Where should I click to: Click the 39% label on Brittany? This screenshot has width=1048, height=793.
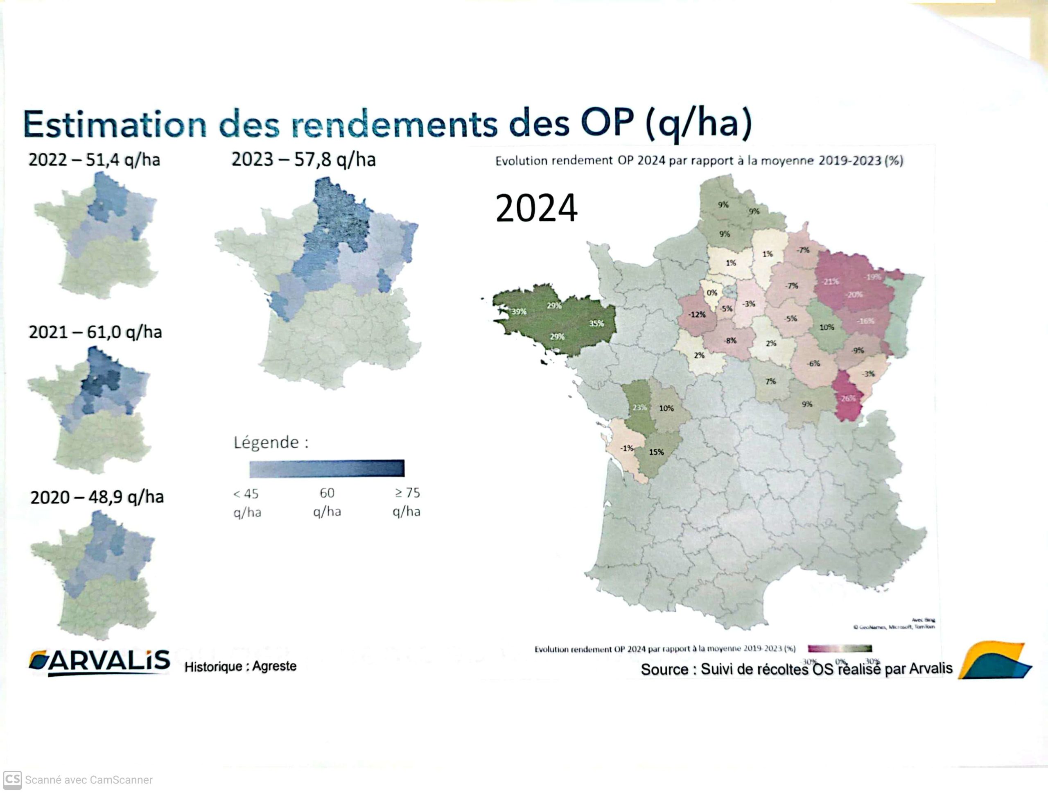point(519,312)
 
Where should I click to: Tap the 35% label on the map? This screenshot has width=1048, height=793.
point(596,323)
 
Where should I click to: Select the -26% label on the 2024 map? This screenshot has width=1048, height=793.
point(847,398)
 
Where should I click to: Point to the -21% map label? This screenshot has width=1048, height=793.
point(830,281)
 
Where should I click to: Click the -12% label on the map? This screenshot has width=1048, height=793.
point(697,314)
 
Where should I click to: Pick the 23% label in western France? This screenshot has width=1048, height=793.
point(639,408)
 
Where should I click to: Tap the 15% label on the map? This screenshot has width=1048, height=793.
point(656,452)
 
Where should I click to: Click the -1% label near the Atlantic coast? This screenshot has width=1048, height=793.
point(627,448)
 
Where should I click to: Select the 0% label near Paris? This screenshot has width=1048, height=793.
point(712,293)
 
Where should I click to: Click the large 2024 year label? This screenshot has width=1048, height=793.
point(536,208)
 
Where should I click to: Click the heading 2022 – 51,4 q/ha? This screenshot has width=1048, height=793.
point(94,160)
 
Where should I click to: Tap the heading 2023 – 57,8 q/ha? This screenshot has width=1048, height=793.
point(303,159)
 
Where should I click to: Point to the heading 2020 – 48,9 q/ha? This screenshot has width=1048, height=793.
point(97,497)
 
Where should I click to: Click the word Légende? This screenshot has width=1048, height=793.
point(266,442)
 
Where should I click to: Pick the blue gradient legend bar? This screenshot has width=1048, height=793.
point(327,468)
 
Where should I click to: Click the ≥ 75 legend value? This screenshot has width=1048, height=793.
point(407,493)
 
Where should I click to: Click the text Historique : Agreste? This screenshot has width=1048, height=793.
point(240,666)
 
